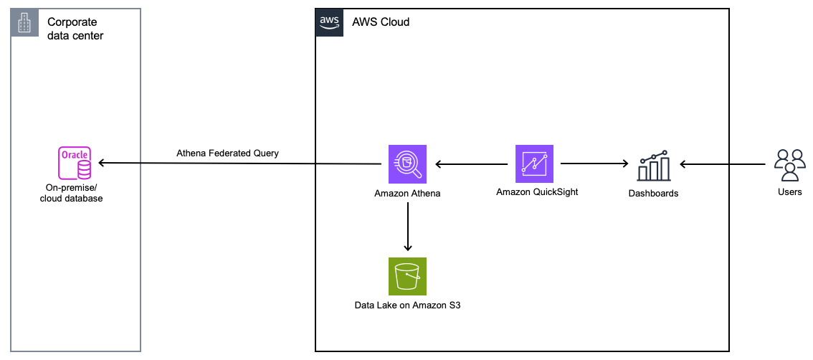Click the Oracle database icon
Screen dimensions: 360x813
coord(75,164)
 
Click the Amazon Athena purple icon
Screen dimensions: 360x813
coord(407,164)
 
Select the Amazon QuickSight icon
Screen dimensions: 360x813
coord(534,164)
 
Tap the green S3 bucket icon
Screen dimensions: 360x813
coord(407,276)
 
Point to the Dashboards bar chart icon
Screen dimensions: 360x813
coord(653,166)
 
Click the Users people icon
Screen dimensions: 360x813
coord(789,165)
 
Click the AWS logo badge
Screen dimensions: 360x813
coord(328,22)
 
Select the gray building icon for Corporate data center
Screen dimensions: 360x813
coord(24,23)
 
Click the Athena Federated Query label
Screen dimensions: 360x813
coord(227,153)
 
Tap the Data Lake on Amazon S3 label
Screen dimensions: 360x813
coord(407,305)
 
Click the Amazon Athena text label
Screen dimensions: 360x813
coord(407,194)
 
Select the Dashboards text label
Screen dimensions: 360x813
coord(653,193)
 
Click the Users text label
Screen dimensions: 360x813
coord(789,192)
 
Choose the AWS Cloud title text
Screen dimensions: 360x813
coord(381,22)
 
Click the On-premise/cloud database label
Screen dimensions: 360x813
coord(72,193)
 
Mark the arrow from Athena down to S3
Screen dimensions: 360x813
coord(407,226)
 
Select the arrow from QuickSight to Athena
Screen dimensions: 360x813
coord(471,164)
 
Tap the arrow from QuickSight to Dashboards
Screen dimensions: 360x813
coord(594,164)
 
